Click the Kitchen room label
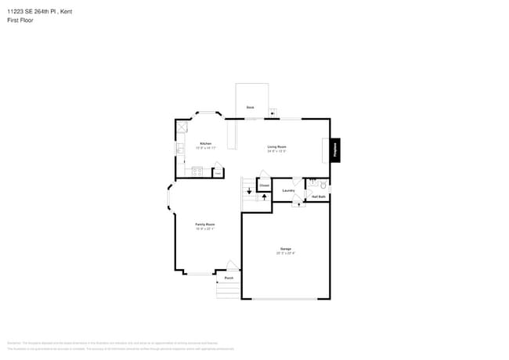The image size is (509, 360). click(205, 143)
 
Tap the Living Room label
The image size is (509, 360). click(276, 146)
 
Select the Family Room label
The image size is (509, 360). click(205, 225)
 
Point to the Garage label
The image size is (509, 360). click(285, 249)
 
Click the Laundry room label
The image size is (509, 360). click(288, 190)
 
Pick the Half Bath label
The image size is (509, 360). click(318, 196)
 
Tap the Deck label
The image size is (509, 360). click(250, 106)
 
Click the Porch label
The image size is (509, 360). click(229, 278)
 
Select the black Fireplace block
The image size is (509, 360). click(335, 149)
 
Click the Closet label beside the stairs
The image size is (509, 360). click(265, 185)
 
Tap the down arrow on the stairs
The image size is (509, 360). click(249, 190)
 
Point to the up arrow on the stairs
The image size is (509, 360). click(264, 196)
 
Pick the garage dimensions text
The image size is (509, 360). click(285, 253)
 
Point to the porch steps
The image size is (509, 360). click(228, 291)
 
